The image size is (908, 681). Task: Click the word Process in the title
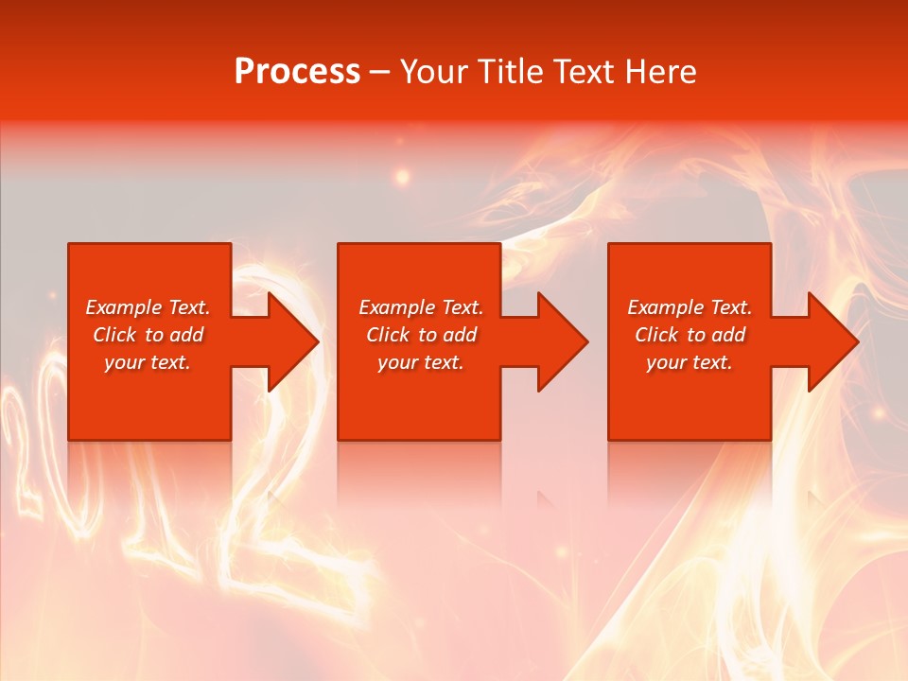pyautogui.click(x=297, y=72)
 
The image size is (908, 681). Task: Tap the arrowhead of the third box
pyautogui.click(x=831, y=341)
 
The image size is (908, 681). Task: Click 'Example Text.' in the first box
pyautogui.click(x=148, y=307)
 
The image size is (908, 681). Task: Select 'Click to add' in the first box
pyautogui.click(x=148, y=335)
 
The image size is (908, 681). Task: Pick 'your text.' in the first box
pyautogui.click(x=148, y=362)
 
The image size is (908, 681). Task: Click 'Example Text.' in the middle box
pyautogui.click(x=421, y=307)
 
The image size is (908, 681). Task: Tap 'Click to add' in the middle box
pyautogui.click(x=421, y=335)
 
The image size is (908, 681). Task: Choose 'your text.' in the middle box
pyautogui.click(x=421, y=362)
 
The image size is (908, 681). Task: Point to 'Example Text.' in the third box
pyautogui.click(x=690, y=307)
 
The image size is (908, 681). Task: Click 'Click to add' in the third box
pyautogui.click(x=690, y=335)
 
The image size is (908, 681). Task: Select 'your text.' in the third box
pyautogui.click(x=690, y=362)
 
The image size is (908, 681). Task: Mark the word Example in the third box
pyautogui.click(x=666, y=307)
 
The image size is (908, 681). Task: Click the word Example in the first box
pyautogui.click(x=124, y=307)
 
